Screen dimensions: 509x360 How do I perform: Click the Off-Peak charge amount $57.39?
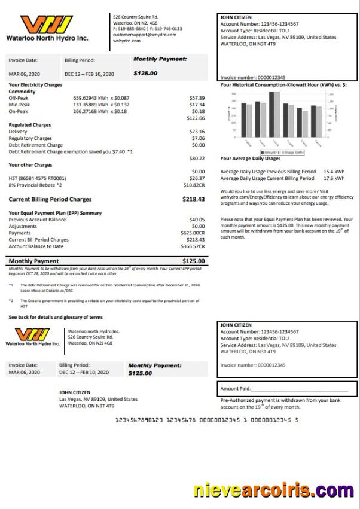(197, 97)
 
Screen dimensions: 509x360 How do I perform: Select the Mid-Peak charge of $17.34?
(197, 105)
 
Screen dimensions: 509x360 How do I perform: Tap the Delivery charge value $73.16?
(197, 132)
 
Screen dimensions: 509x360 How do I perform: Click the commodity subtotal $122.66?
(195, 118)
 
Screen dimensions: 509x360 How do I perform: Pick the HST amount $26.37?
(197, 178)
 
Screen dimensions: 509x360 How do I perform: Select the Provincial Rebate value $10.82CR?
(193, 185)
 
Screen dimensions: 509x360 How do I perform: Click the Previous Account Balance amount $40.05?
(197, 220)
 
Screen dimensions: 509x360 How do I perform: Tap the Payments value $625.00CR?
(193, 233)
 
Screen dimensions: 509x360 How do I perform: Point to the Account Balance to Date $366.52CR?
(193, 246)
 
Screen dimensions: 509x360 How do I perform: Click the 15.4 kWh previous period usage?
(334, 172)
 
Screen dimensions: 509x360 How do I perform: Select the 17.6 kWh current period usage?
(334, 178)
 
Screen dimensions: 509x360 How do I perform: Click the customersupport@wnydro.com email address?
(144, 35)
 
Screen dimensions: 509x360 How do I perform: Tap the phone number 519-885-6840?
(131, 28)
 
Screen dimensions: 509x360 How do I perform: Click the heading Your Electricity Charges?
(35, 85)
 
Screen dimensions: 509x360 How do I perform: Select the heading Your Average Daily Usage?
(250, 159)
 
